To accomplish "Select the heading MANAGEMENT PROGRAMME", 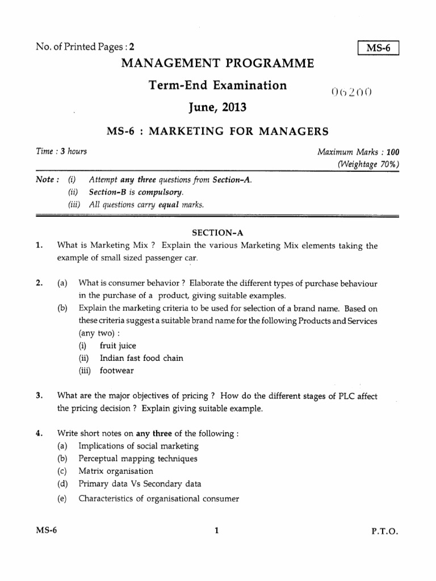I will tap(217, 64).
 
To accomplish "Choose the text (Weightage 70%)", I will tap(368, 165).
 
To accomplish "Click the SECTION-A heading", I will tap(217, 233).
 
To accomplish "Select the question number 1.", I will tap(38, 246).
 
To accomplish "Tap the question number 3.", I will tap(38, 396).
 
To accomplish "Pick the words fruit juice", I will tap(118, 346).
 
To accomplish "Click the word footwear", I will tap(118, 371).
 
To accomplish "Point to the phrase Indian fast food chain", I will tap(141, 358).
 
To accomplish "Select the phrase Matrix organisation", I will tap(116, 471).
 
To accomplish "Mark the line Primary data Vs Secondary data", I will tap(140, 484).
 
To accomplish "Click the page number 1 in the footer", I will tap(217, 532).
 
